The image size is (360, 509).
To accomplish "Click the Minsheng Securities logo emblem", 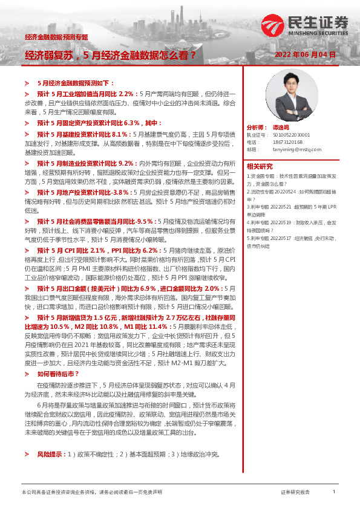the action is [x=270, y=25].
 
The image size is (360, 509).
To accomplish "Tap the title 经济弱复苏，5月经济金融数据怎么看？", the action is [x=110, y=55].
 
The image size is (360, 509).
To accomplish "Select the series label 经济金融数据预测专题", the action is [x=56, y=37].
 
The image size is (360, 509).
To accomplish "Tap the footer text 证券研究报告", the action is [x=295, y=492].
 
